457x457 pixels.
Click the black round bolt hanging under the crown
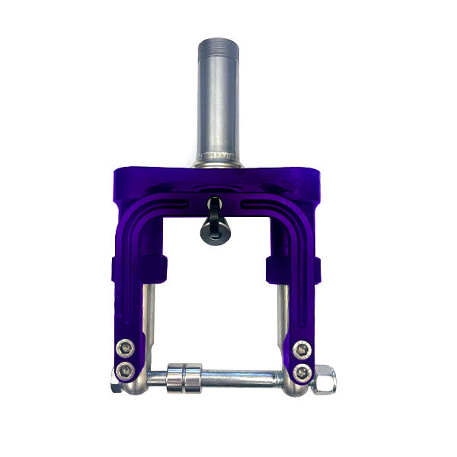click(x=215, y=231)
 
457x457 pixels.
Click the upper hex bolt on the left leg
click(x=126, y=349)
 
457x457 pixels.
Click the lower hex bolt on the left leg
click(x=124, y=372)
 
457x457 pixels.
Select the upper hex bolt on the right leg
click(x=302, y=349)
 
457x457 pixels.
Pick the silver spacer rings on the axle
click(x=184, y=377)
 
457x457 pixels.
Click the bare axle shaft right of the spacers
click(x=244, y=376)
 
